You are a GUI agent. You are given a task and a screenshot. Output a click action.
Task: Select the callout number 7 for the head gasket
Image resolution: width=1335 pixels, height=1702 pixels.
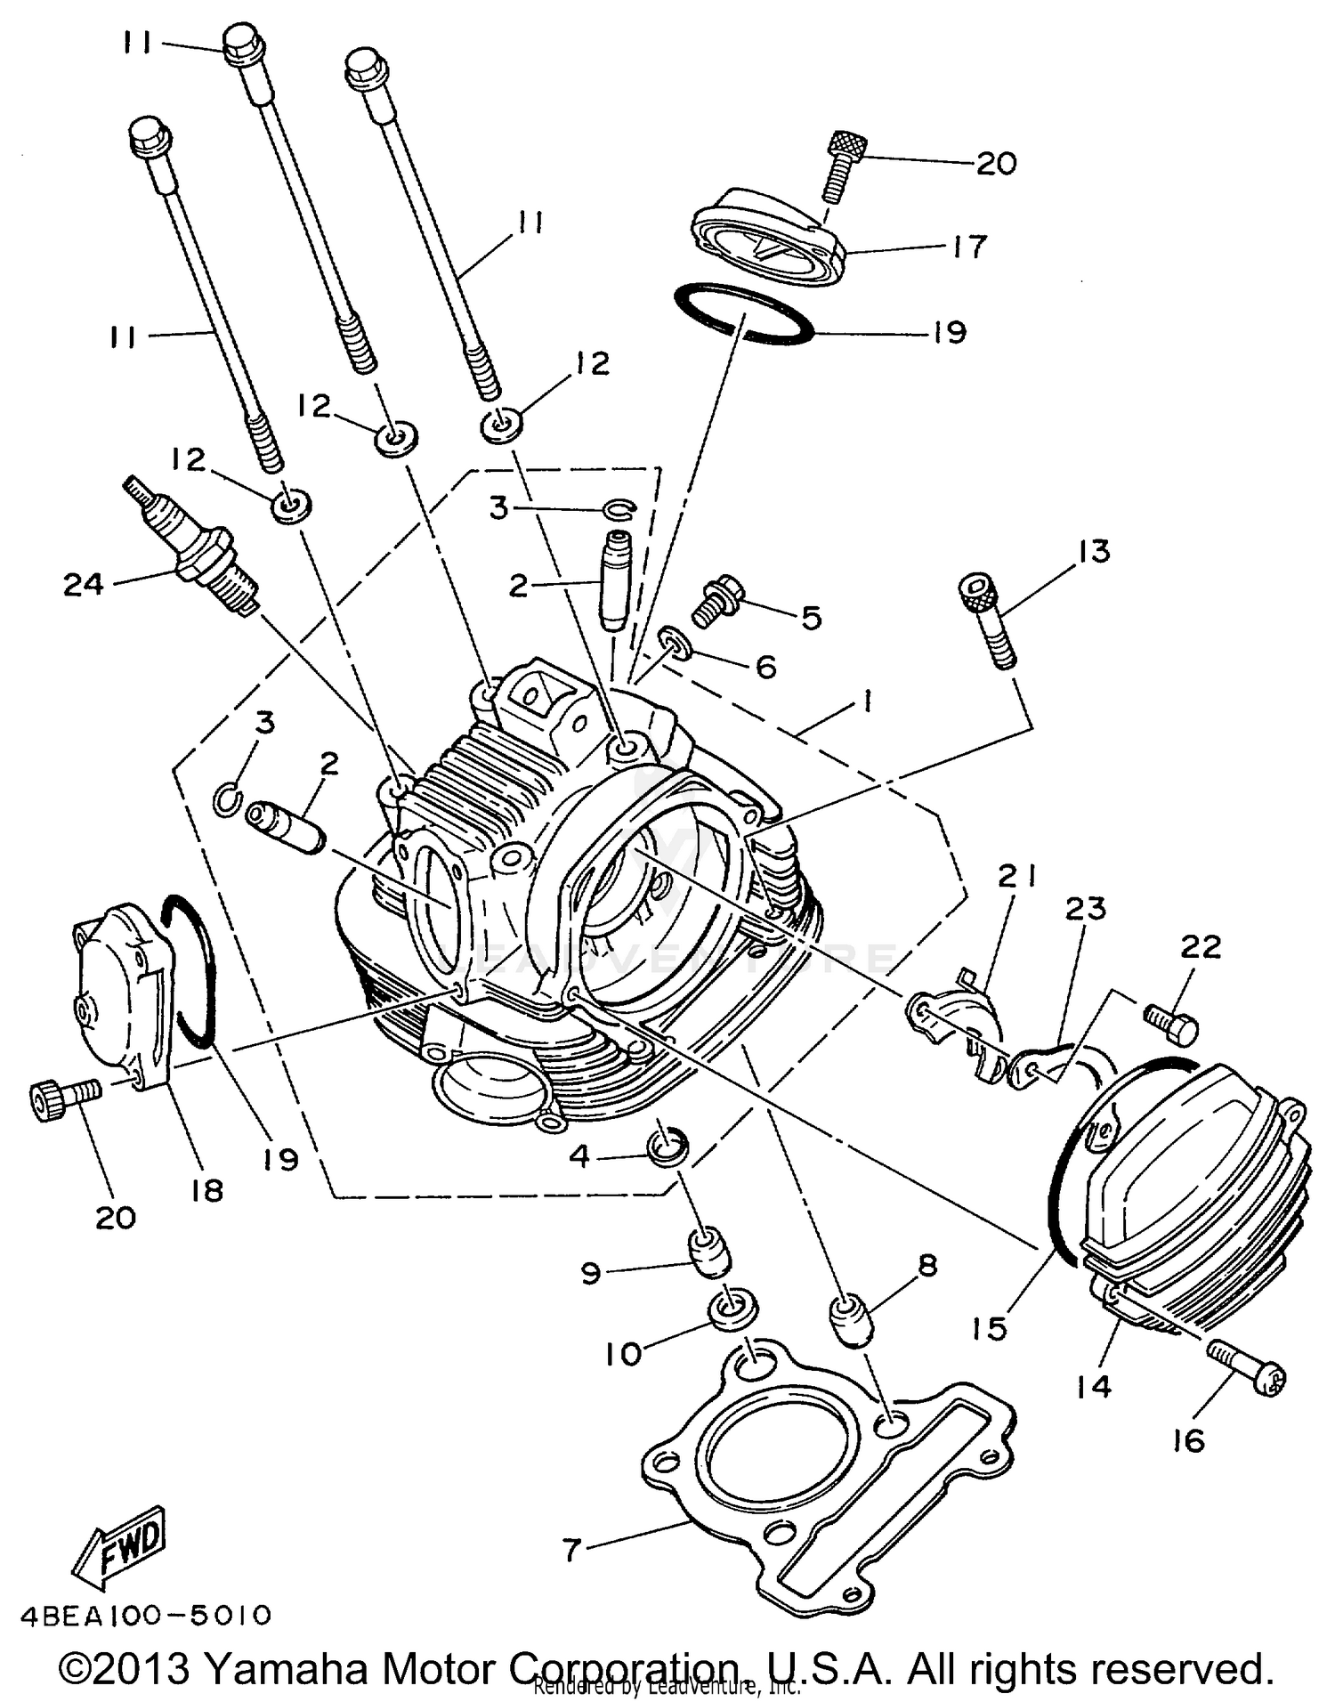point(571,1550)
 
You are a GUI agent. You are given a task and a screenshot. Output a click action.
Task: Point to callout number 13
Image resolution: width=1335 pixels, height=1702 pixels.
point(1094,552)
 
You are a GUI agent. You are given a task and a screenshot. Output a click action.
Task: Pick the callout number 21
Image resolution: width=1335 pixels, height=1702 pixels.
point(1016,878)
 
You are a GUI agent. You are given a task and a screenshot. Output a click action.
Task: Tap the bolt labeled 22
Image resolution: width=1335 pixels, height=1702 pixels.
point(1171,1025)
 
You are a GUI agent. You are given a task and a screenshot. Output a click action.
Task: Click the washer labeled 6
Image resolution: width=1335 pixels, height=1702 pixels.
point(675,643)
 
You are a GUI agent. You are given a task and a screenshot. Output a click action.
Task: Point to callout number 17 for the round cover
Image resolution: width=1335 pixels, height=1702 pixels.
point(969,247)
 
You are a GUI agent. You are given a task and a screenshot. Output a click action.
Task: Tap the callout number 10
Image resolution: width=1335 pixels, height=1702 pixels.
point(623,1354)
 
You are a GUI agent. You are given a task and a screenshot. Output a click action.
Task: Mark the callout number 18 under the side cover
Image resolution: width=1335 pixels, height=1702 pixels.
point(206,1190)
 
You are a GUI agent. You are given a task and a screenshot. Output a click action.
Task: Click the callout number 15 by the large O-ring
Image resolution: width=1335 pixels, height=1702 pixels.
point(989,1329)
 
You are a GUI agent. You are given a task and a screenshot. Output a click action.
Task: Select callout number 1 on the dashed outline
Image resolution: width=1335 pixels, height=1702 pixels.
point(864,701)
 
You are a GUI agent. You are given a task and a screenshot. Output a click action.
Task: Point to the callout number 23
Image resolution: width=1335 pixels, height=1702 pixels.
point(1086,910)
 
